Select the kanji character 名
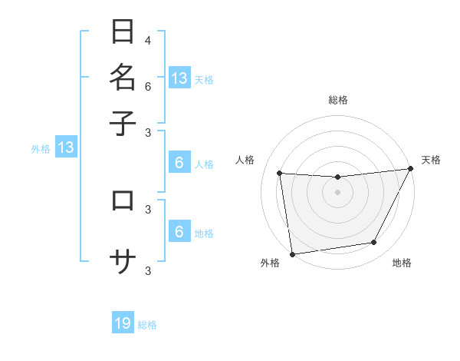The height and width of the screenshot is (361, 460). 123,78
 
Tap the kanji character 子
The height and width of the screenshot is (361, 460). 123,122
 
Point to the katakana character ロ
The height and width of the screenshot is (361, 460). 123,200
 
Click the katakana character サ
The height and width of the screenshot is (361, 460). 123,262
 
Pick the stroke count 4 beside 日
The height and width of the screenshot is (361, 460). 147,40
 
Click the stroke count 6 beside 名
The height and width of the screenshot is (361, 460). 147,87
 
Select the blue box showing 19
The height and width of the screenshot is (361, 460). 123,323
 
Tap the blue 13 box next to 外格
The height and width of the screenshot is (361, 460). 66,147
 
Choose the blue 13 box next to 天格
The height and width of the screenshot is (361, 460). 179,78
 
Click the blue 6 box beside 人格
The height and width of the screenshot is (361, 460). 179,162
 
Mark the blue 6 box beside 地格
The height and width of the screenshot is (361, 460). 179,232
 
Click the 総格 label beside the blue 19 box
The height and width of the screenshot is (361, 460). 148,325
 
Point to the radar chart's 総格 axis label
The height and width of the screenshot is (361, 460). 337,100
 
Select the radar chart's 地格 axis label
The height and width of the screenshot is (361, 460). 402,263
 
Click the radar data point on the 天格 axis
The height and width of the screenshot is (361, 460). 410,169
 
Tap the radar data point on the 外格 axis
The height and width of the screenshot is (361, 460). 292,253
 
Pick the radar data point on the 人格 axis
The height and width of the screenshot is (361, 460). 280,174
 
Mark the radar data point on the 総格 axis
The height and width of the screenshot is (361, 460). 337,177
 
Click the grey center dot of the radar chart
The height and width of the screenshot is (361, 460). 337,192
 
